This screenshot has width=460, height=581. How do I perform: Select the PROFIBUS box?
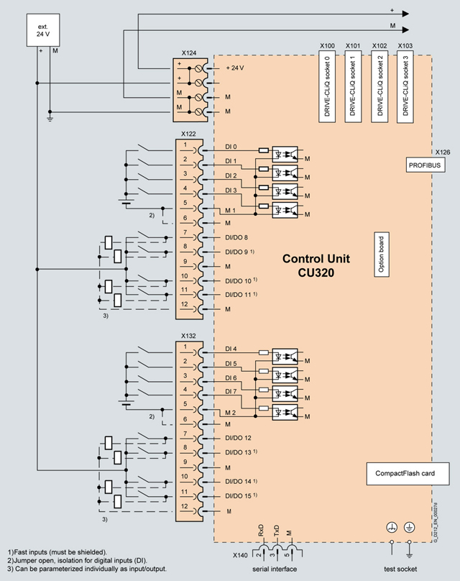click(x=424, y=164)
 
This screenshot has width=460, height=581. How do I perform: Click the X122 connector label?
click(x=190, y=134)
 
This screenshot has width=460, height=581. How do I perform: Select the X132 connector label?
click(x=190, y=336)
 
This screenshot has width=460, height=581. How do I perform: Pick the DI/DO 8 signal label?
click(x=236, y=237)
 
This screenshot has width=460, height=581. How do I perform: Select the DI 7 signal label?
click(x=231, y=392)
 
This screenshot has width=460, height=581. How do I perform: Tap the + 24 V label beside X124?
click(x=235, y=68)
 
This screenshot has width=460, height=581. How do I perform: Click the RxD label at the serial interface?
click(x=261, y=531)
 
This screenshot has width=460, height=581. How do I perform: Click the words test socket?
click(x=400, y=569)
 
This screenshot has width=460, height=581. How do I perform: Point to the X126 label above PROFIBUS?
click(x=443, y=152)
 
